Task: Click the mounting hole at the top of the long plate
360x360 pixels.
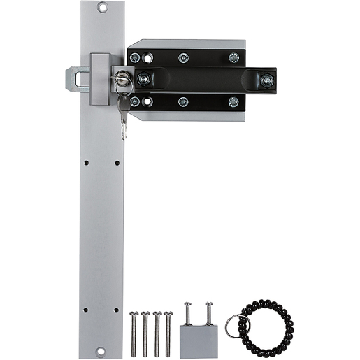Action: [102, 8]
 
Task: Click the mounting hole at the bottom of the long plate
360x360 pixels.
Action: [102, 352]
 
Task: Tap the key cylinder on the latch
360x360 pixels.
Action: [122, 79]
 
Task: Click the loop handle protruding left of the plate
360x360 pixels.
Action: [77, 78]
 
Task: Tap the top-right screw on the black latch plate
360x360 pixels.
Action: [233, 58]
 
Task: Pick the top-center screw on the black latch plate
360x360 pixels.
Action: [183, 58]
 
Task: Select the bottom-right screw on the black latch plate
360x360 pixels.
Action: [233, 102]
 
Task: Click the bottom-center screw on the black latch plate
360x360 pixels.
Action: [183, 102]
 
